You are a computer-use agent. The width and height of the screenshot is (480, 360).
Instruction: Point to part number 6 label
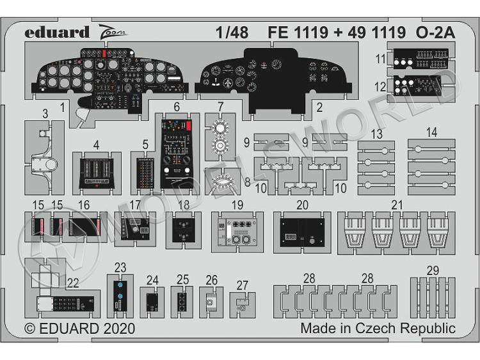(x=176, y=108)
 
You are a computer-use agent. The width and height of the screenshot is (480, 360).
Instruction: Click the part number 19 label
(x=237, y=205)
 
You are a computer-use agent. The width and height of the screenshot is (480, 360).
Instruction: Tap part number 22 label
(x=73, y=283)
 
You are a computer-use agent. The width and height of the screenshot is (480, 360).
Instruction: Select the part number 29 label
(x=433, y=270)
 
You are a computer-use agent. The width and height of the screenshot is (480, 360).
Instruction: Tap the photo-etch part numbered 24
(x=152, y=301)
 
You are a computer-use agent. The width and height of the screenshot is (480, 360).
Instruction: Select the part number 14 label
(x=431, y=133)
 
